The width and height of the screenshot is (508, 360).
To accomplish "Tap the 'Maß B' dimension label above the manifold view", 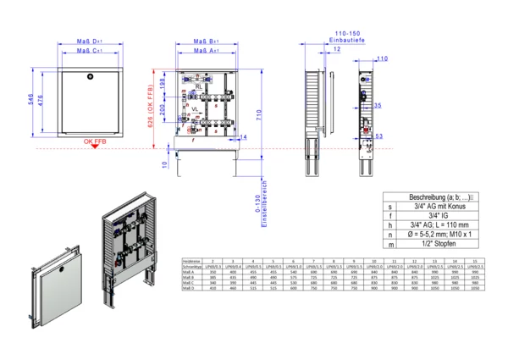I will pyautogui.click(x=207, y=40).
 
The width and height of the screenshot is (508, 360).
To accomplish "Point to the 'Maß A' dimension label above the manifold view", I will pyautogui.click(x=207, y=51).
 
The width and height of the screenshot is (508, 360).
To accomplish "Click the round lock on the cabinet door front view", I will pyautogui.click(x=86, y=75).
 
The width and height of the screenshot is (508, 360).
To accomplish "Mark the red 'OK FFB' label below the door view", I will pyautogui.click(x=94, y=142).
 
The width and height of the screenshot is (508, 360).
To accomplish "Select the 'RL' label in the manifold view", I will pyautogui.click(x=198, y=86).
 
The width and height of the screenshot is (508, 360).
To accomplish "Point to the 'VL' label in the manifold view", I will pyautogui.click(x=196, y=109).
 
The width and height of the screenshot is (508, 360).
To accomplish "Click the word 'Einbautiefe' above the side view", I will pyautogui.click(x=346, y=39).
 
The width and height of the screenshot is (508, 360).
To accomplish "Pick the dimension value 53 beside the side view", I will pyautogui.click(x=378, y=135).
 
